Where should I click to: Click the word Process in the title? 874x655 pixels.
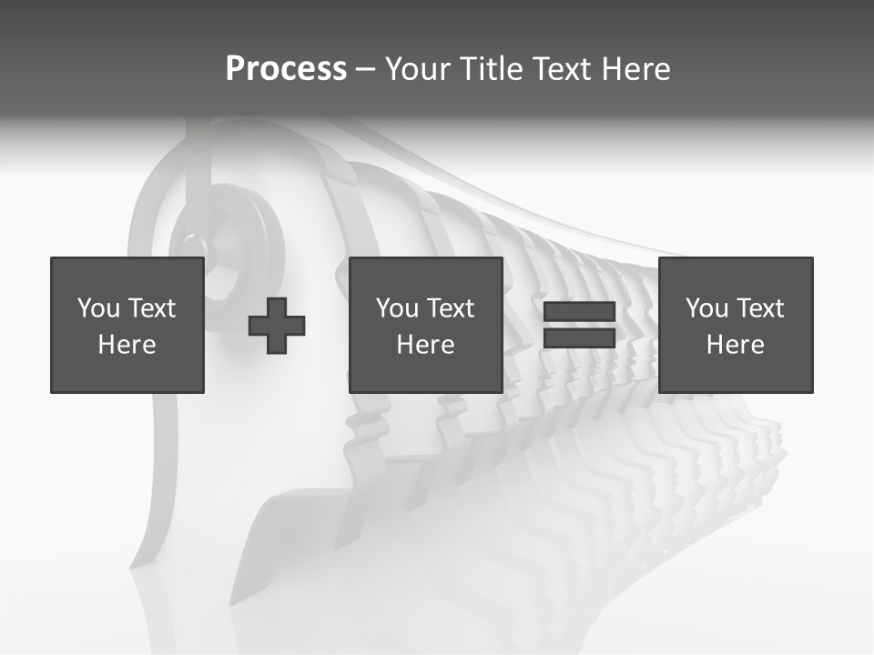286,69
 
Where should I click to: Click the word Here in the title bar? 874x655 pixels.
636,69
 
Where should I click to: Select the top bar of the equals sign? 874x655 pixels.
579,312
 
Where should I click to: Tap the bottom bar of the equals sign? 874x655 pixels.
579,338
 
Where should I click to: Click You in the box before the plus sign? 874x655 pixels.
98,308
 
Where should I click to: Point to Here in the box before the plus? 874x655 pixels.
127,345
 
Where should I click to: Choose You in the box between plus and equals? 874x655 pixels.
397,308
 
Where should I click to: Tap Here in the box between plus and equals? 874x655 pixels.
425,345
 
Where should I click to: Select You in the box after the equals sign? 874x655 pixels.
706,308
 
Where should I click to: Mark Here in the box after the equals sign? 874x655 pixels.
735,345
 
